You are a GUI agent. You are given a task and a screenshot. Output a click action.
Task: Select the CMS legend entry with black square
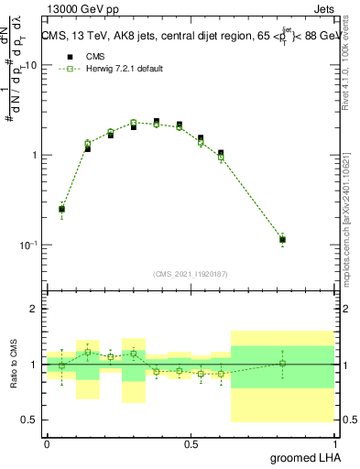(88, 57)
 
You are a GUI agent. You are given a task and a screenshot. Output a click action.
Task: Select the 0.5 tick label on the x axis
(191, 443)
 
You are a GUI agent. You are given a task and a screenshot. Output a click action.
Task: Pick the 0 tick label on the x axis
(47, 443)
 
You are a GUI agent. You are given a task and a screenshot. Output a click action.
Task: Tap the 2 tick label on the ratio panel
(35, 310)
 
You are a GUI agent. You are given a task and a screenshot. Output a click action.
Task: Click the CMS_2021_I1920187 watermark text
(191, 273)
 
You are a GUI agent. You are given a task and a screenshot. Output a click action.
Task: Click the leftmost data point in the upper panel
(61, 210)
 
